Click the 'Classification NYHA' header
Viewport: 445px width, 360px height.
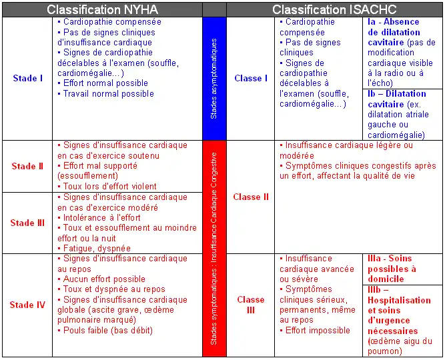tap(102, 9)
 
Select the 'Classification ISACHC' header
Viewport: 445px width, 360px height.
tap(334, 9)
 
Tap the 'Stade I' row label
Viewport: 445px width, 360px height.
tap(27, 78)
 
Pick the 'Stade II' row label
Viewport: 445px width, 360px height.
tap(27, 166)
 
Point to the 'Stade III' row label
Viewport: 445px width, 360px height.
tap(27, 223)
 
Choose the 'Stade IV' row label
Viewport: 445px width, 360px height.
tap(27, 305)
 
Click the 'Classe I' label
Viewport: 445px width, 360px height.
tap(251, 78)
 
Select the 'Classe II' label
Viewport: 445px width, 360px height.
tap(251, 197)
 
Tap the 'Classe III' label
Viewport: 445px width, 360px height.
tap(251, 305)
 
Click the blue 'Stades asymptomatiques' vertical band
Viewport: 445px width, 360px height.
tap(213, 78)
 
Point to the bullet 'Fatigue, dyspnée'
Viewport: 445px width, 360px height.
tap(96, 248)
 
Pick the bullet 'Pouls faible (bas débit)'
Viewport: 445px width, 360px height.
tap(107, 330)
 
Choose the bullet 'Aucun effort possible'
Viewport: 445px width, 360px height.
tap(104, 279)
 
